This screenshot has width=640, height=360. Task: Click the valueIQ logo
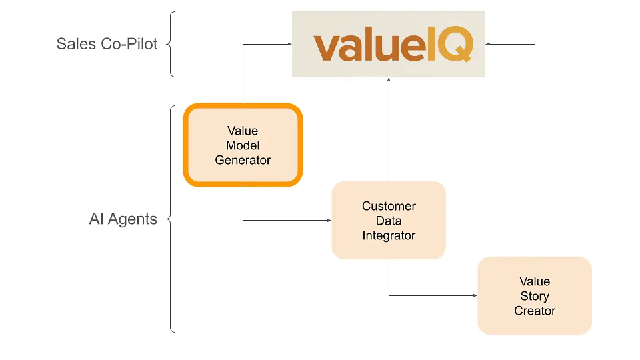[x=393, y=45]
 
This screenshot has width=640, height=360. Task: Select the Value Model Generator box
[x=243, y=145]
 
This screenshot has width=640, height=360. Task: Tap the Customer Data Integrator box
[x=389, y=221]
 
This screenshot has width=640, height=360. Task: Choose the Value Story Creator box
[x=535, y=295]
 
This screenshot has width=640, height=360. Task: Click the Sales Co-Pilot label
[x=107, y=45]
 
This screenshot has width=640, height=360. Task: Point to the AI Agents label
[x=123, y=219]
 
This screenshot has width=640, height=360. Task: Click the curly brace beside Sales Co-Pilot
[x=171, y=45]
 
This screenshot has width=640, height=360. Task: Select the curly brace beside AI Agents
[x=171, y=219]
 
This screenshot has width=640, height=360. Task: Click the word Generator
[x=243, y=160]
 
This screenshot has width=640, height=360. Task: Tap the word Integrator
[x=389, y=235]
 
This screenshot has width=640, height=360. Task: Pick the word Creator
[x=535, y=311]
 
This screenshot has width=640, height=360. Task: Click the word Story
[x=535, y=296]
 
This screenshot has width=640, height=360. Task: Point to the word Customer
[x=389, y=206]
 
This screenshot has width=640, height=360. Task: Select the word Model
[x=243, y=145]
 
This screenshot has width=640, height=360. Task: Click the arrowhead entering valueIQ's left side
[x=289, y=45]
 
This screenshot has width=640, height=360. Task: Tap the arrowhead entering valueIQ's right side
[x=489, y=45]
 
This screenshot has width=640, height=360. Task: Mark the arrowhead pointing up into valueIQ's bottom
[x=389, y=79]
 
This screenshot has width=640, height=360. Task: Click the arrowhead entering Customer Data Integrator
[x=329, y=219]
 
